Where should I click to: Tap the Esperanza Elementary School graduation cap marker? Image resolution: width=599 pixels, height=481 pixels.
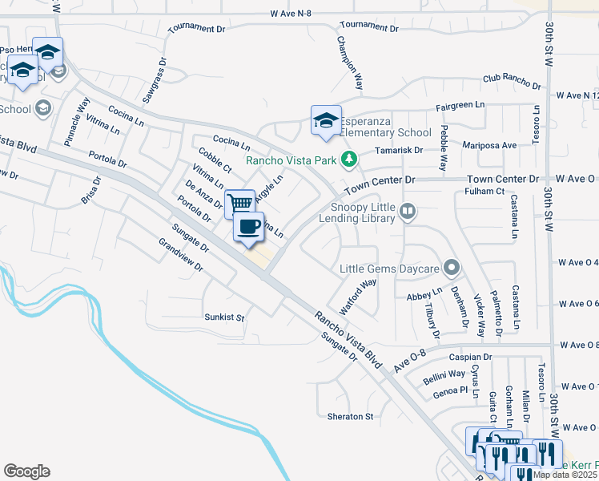pos(326,122)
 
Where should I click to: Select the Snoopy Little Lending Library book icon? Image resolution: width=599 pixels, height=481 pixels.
pos(408,212)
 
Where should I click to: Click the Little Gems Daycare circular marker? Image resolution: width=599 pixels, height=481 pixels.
pos(452,268)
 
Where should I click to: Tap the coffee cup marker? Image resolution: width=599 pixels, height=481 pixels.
pos(248,226)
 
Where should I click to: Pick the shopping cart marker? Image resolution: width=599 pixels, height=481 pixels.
pos(239,204)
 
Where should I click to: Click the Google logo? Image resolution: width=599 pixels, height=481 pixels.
pos(26,471)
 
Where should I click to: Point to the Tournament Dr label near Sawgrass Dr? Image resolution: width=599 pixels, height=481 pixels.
pos(198,29)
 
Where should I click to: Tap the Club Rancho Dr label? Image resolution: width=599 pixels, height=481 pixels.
pos(513,79)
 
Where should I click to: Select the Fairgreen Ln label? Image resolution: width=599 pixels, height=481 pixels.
pos(460,105)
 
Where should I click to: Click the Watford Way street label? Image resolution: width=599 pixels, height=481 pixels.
pos(358,296)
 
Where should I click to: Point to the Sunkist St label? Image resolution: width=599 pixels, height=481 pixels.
pos(223,317)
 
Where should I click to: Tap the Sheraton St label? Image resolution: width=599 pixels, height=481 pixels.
pos(351,417)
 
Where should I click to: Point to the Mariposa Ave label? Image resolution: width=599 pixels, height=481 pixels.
pos(489,146)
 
